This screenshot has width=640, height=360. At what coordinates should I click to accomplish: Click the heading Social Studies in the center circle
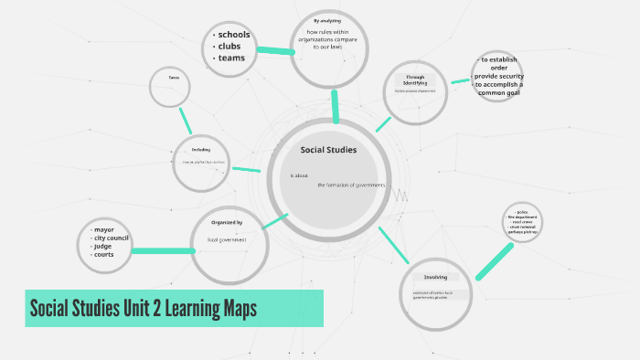point(328,150)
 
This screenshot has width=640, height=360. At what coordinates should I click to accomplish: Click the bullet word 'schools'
point(233,36)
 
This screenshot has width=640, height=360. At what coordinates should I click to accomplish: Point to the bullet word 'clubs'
point(229,47)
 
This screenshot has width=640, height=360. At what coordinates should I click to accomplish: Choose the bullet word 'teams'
point(231,58)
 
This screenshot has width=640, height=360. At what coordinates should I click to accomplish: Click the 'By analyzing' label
point(328,20)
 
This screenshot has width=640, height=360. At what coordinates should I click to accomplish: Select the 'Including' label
point(201,149)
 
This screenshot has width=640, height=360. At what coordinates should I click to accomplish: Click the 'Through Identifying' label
point(415,80)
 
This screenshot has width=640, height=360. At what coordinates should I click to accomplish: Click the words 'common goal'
point(504,93)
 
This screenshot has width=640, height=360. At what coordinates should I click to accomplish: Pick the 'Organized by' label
point(227,222)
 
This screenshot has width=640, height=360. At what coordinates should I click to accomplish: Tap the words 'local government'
point(226,239)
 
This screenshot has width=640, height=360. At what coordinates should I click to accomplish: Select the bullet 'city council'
point(110,238)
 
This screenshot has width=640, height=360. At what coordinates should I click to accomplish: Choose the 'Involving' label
point(435,277)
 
